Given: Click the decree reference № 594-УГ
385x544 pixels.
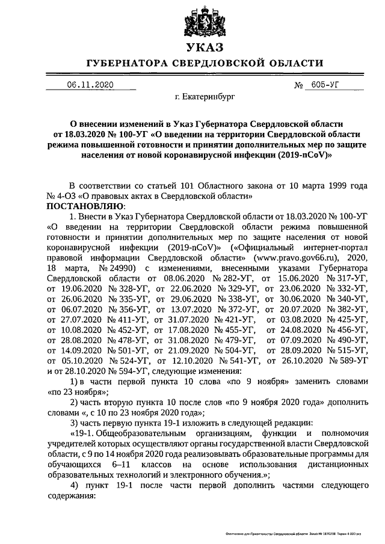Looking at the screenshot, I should [112, 370].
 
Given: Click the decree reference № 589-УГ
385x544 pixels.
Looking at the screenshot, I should [345, 360].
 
